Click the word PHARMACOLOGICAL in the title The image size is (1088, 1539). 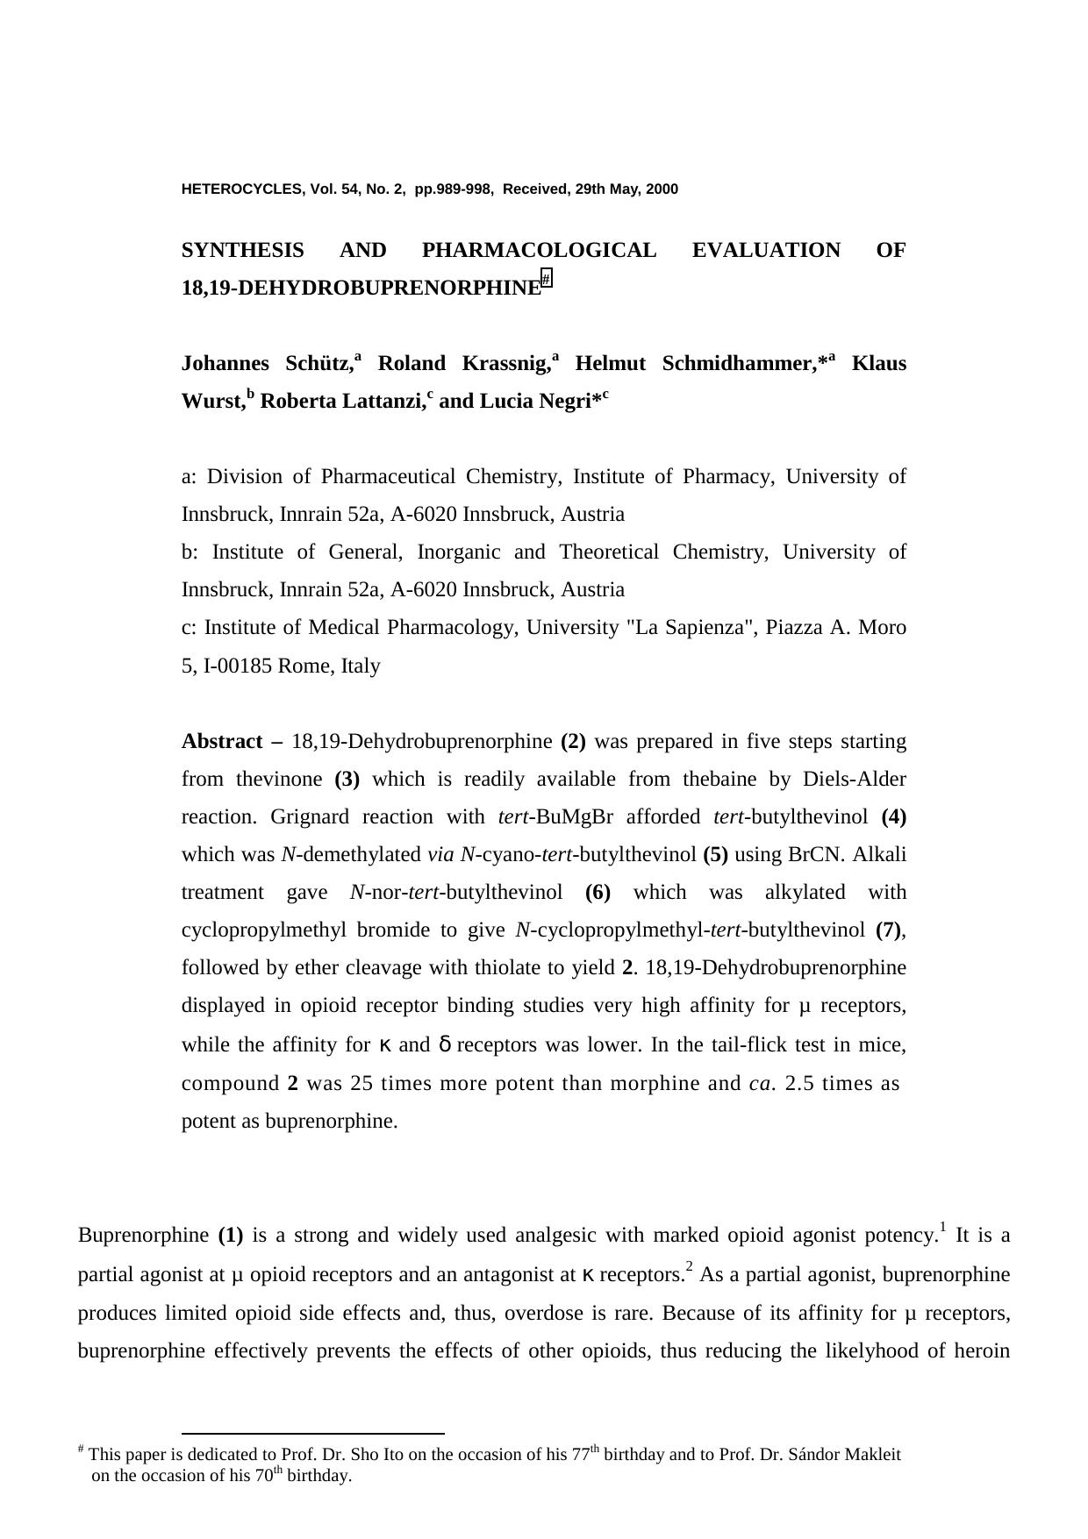click(x=539, y=251)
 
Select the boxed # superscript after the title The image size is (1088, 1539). click(x=547, y=280)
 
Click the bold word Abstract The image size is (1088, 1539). click(x=222, y=742)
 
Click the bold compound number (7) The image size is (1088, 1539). click(x=890, y=930)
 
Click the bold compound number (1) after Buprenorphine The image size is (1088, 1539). click(x=231, y=1236)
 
